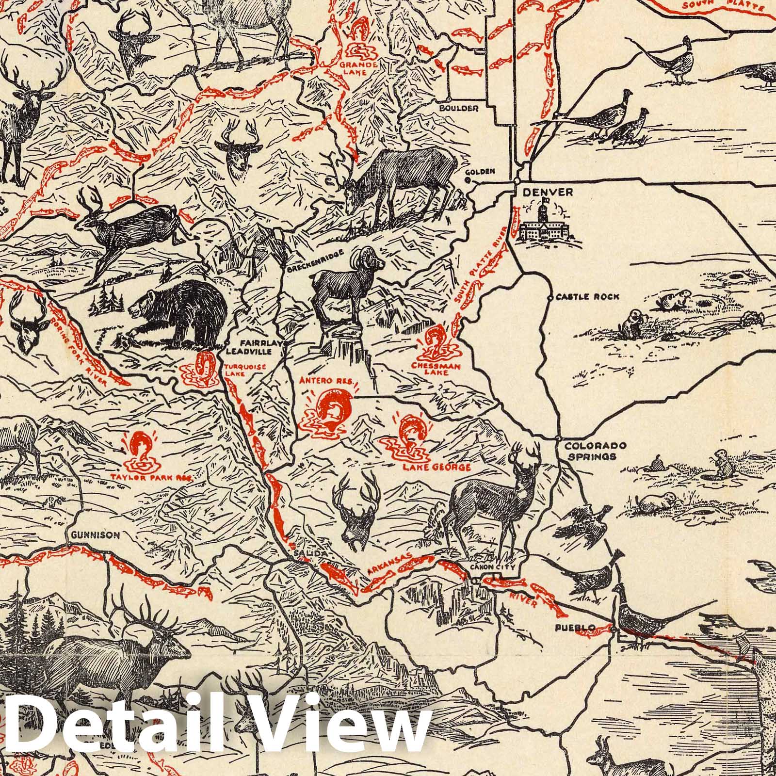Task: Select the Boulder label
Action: (459, 108)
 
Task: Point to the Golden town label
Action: (480, 171)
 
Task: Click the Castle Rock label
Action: (588, 297)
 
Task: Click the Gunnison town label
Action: (95, 535)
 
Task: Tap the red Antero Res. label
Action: (327, 381)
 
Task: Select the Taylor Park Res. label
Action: (152, 477)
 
